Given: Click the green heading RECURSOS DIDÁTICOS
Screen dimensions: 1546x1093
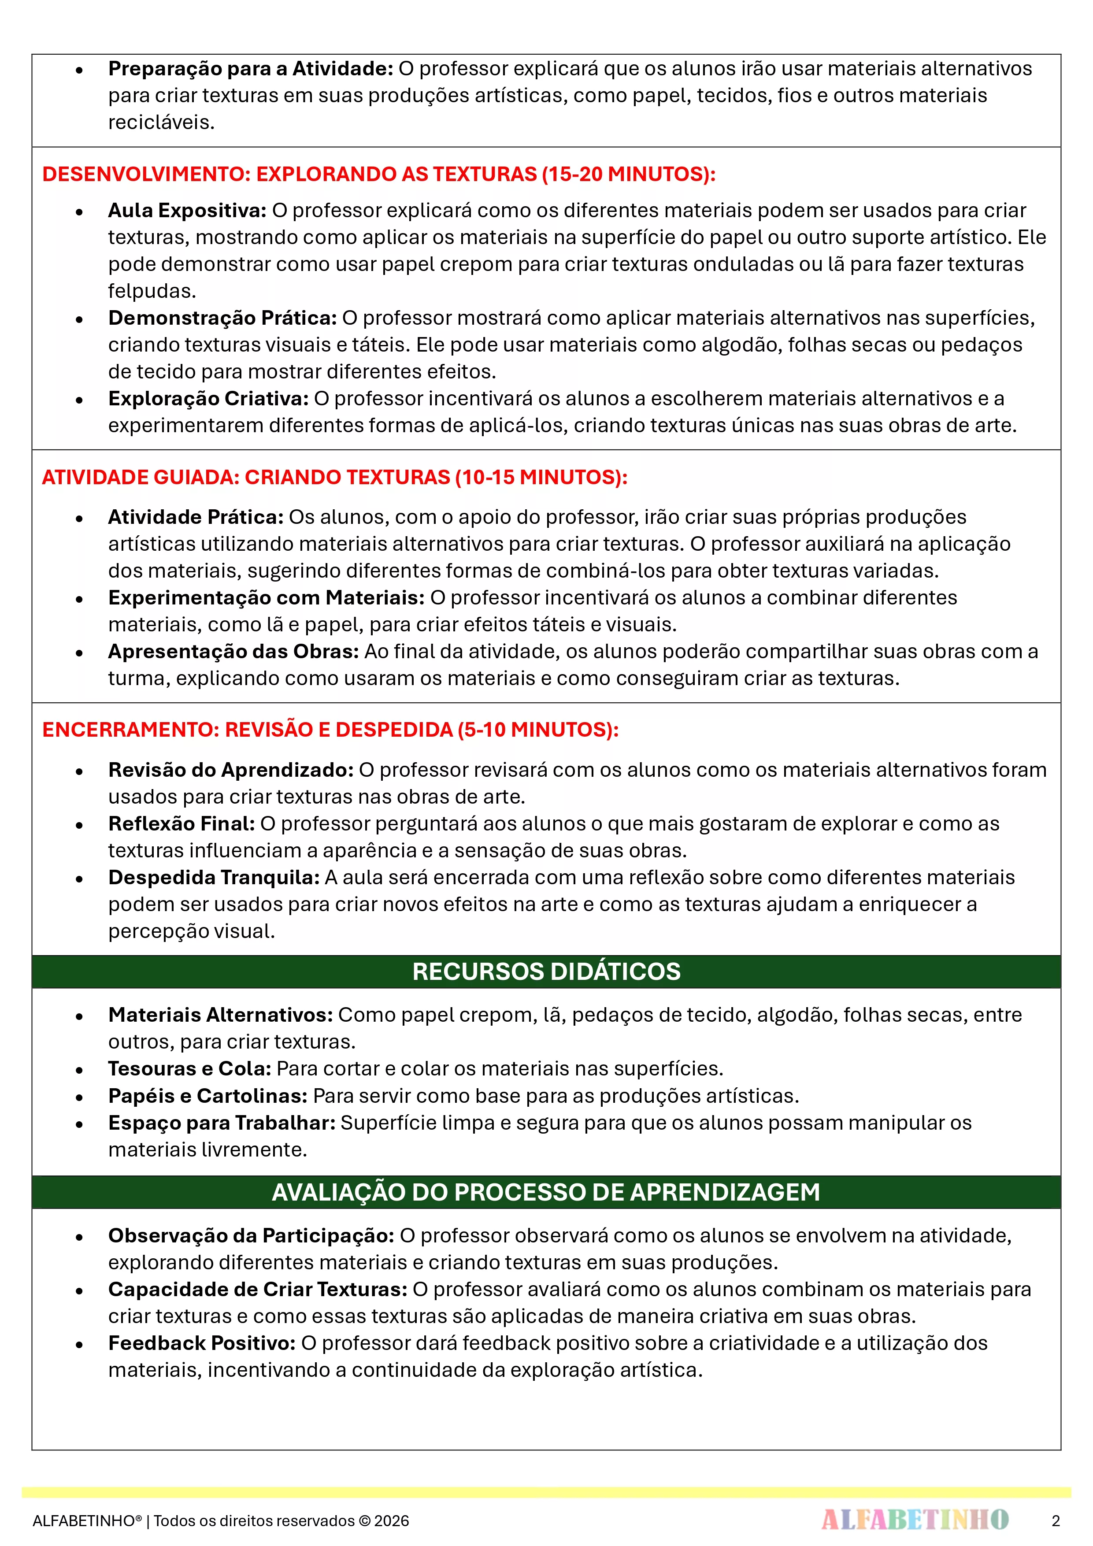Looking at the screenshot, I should click(x=546, y=971).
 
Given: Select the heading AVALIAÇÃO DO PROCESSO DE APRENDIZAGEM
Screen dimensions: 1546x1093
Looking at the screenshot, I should click(x=546, y=1193).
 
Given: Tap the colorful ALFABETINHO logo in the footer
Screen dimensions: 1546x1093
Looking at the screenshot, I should click(x=915, y=1520).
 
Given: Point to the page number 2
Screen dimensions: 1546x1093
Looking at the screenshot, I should click(x=1055, y=1520).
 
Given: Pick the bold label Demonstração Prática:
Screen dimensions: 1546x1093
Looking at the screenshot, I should click(x=222, y=318).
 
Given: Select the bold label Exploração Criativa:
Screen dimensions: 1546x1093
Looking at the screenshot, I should click(x=208, y=399).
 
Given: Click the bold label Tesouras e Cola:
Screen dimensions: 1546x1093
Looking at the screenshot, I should click(x=189, y=1068).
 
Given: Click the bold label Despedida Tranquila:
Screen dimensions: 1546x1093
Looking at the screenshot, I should click(x=214, y=877).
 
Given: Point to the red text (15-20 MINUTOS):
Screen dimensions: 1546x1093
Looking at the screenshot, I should click(x=628, y=174).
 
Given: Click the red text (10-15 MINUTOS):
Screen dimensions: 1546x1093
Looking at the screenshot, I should click(x=541, y=478).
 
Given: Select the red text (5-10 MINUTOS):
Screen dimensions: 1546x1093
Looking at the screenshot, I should click(x=537, y=730).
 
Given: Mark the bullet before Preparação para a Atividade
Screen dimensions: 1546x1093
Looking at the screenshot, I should click(x=79, y=69).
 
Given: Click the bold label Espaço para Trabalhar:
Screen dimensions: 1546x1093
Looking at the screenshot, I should click(x=222, y=1123).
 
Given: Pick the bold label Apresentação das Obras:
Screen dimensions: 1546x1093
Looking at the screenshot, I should click(x=233, y=652).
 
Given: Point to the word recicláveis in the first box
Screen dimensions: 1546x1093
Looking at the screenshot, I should click(x=161, y=122).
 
